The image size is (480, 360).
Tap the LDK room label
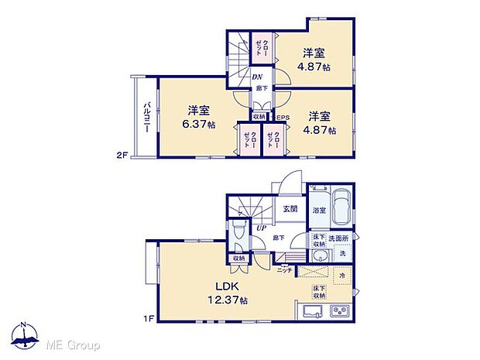coord(219,285)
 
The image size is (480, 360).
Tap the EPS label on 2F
coord(283,118)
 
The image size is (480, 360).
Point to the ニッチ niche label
coord(284,269)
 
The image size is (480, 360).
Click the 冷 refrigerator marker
coord(341,275)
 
